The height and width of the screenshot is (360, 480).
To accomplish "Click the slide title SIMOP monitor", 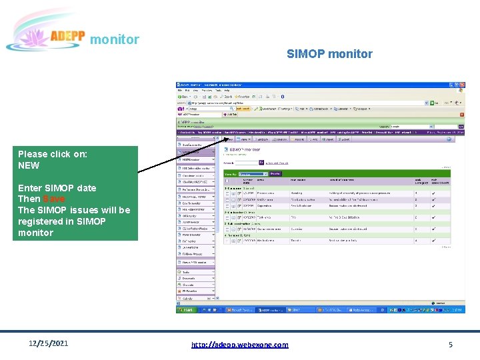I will (x=329, y=54).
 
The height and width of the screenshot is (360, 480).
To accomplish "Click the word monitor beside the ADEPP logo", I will (x=115, y=39).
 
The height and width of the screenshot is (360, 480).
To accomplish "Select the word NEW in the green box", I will (x=29, y=165).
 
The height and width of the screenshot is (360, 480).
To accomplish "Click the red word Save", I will (x=54, y=199).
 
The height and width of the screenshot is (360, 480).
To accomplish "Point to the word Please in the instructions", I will (x=33, y=154).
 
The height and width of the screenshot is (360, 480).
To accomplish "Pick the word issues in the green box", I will (x=85, y=210).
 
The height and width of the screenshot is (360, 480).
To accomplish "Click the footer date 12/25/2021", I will (x=49, y=344).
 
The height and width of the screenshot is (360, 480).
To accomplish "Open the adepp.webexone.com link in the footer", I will (x=240, y=345).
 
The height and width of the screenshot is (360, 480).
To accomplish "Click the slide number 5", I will (x=451, y=345).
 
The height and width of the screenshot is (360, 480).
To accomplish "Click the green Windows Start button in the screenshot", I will (x=187, y=310).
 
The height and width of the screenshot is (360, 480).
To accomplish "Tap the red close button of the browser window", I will (x=461, y=85).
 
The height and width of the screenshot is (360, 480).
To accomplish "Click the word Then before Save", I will (x=29, y=199).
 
